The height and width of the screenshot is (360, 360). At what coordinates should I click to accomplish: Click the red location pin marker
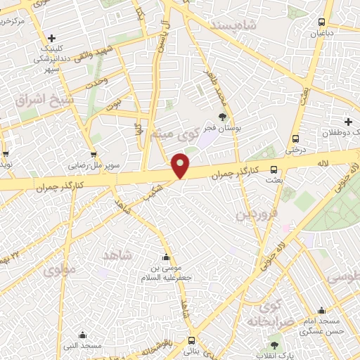[x=181, y=165]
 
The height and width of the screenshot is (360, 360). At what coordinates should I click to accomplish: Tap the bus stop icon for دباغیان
[x=321, y=22]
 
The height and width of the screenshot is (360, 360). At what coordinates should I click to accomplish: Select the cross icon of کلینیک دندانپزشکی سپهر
[x=51, y=38]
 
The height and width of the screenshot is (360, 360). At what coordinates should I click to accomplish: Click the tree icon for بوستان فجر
[x=222, y=117]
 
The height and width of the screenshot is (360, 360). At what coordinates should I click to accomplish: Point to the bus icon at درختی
[x=295, y=139]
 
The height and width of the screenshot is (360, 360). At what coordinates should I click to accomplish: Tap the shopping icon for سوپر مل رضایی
[x=94, y=154]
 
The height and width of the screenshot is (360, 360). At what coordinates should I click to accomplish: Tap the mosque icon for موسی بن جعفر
[x=166, y=257]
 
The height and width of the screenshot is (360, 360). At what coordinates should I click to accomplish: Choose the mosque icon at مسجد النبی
[x=83, y=335]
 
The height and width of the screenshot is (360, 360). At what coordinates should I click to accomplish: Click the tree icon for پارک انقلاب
[x=274, y=345]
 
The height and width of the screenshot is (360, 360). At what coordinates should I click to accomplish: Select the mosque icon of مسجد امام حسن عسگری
[x=321, y=310]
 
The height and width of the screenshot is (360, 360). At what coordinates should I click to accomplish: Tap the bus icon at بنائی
[x=191, y=341]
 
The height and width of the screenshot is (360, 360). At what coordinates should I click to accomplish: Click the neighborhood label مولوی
[x=59, y=269]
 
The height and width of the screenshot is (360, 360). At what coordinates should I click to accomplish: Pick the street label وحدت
[x=98, y=83]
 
